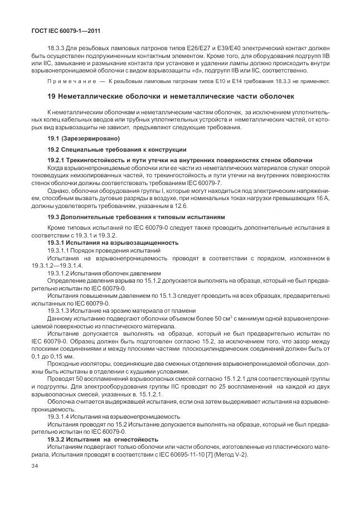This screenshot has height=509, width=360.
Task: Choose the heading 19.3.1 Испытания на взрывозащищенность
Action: pos(113,242)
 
